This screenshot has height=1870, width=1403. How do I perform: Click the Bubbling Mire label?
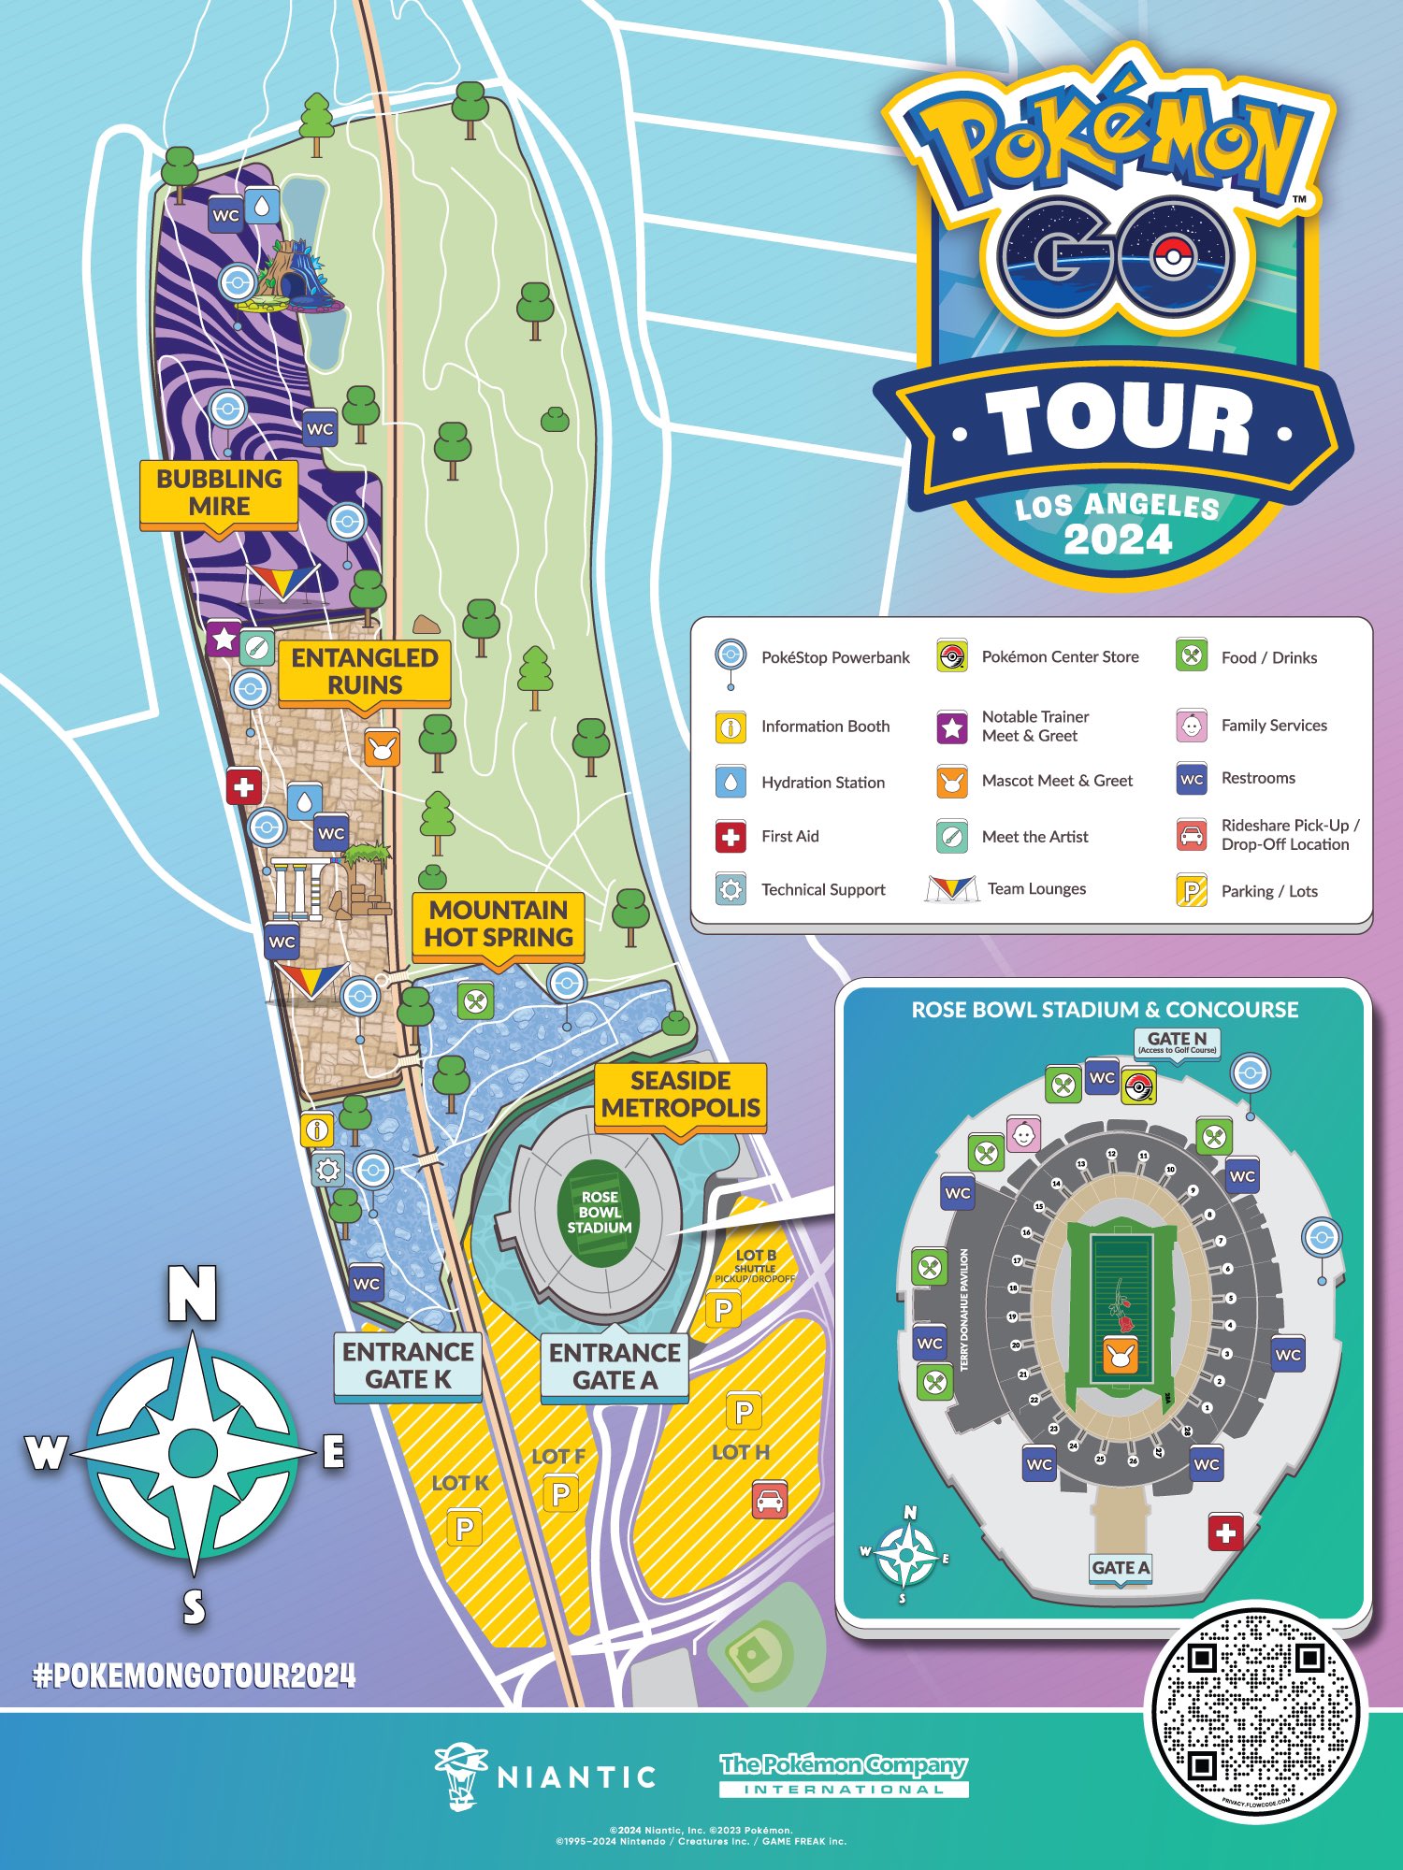tap(219, 493)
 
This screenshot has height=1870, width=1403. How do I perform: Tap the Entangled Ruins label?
tap(365, 671)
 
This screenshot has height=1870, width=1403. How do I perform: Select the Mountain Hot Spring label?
tap(499, 924)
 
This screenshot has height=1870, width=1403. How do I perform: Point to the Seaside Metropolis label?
tap(680, 1095)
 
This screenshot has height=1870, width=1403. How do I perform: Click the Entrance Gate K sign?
tap(408, 1366)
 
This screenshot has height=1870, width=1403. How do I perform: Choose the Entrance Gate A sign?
tap(615, 1367)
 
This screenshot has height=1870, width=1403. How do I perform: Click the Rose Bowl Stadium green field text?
tap(600, 1212)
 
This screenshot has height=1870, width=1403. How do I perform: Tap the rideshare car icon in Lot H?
tap(770, 1500)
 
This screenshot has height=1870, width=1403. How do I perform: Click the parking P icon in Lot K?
tap(464, 1529)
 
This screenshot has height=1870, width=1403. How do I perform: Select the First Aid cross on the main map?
tap(244, 786)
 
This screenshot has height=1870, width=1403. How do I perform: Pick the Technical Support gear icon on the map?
tap(326, 1170)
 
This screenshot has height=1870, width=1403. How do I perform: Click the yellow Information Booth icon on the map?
tap(317, 1129)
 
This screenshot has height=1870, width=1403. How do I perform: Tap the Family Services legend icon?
tap(1192, 726)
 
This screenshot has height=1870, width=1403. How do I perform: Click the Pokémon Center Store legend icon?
tap(952, 656)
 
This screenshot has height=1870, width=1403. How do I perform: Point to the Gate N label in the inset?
tap(1177, 1041)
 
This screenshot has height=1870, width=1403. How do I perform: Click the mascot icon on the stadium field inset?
tap(1120, 1354)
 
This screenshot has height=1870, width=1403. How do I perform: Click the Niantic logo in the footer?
tap(545, 1775)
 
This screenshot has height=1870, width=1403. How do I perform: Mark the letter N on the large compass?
tap(192, 1294)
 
